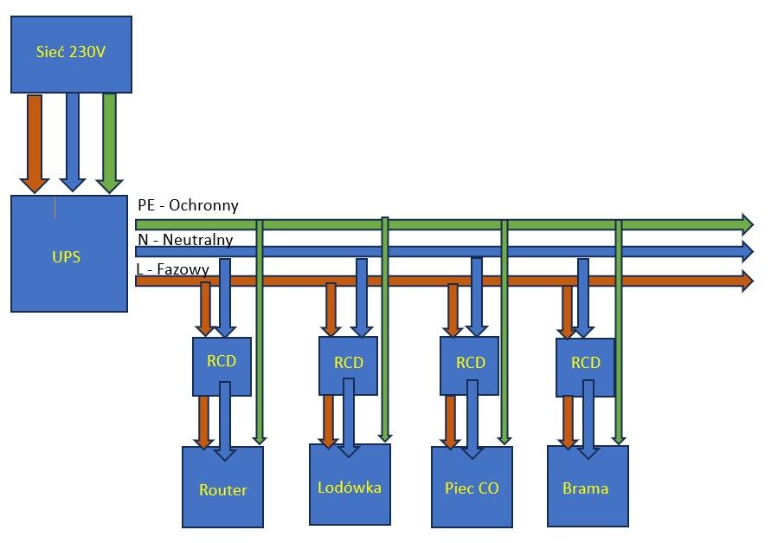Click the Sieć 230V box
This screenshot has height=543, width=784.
tap(71, 54)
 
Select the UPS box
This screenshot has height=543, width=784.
tap(69, 253)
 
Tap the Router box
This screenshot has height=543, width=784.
tap(222, 487)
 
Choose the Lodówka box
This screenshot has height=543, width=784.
tap(350, 484)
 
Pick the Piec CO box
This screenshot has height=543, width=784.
tap(472, 487)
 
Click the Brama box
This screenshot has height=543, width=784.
tap(588, 486)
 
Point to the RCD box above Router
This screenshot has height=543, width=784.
tap(222, 366)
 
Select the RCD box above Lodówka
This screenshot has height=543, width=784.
tap(348, 365)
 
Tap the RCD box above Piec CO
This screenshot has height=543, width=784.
tap(469, 365)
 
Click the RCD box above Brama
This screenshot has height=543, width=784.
tap(585, 367)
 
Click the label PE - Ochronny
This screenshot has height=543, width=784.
tap(188, 205)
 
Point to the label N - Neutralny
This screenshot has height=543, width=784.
tap(185, 240)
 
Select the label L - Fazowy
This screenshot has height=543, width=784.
tap(172, 269)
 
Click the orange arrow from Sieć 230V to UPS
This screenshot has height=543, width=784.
tap(34, 143)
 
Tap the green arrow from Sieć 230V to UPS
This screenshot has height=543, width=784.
tap(109, 143)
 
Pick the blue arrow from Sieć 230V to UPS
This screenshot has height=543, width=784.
tap(73, 142)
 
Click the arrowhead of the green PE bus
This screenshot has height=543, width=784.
tap(748, 223)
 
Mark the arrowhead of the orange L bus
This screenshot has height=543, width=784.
tap(748, 281)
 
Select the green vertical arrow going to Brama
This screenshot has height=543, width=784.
tap(619, 332)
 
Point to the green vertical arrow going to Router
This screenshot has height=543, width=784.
tap(260, 332)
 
